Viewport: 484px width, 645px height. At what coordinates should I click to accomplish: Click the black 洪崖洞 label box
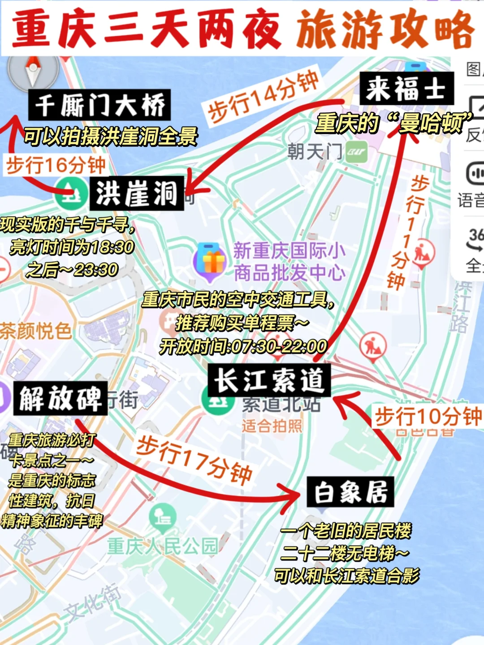tap(137, 193)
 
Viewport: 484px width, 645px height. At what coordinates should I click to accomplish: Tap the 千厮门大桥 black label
tap(99, 105)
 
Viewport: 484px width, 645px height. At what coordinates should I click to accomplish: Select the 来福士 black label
tap(406, 88)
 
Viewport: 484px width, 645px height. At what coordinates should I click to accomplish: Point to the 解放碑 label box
tap(60, 398)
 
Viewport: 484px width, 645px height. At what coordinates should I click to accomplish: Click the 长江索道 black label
tap(269, 381)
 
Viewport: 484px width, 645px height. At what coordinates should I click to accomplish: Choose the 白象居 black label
tap(350, 492)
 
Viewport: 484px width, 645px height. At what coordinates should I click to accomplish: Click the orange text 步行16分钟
tap(56, 165)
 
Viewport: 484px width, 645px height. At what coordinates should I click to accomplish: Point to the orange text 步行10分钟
tap(428, 417)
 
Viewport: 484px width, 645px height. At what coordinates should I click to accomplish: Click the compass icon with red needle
tap(33, 72)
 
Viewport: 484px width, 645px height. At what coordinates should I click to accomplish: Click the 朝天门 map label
tap(314, 151)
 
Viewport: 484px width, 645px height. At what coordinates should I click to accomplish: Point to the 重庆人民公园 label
tap(162, 546)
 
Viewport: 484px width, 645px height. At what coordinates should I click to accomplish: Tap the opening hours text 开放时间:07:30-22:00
tap(243, 346)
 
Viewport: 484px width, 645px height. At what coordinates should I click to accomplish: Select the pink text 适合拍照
tap(272, 426)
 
